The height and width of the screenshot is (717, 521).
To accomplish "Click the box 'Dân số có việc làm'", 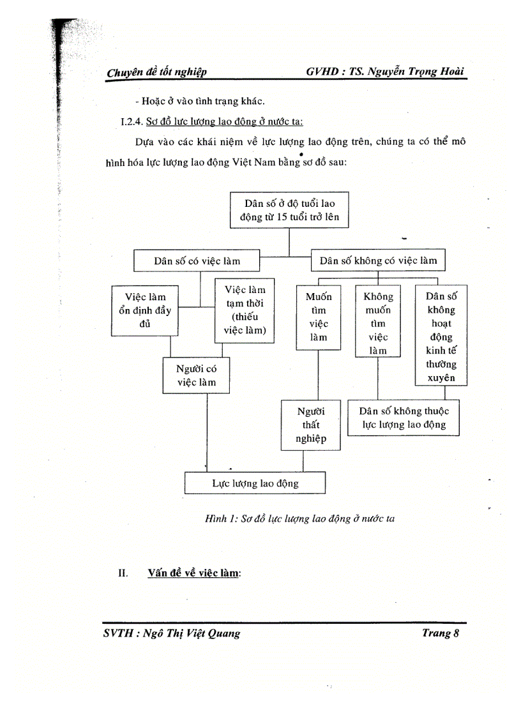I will (197, 260).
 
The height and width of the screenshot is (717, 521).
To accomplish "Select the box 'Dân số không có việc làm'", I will (378, 260).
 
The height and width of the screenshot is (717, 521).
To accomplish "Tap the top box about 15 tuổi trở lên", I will (289, 210).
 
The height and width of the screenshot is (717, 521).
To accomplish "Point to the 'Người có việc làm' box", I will (197, 375).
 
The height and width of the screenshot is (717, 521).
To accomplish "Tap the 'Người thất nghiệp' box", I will (311, 425).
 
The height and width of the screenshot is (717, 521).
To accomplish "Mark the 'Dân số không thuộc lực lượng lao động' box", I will (404, 418).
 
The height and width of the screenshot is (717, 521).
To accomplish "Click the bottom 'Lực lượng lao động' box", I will (255, 483).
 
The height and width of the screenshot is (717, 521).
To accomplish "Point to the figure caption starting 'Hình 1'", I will (299, 518).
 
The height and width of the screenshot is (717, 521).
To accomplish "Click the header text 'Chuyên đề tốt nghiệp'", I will (156, 73).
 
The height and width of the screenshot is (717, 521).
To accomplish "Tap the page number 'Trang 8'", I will (441, 633).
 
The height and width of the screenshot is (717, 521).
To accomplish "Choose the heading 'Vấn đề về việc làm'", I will (193, 573).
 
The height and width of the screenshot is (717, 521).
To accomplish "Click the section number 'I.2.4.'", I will (132, 121).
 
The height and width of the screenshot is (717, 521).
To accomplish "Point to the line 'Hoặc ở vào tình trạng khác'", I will (199, 100).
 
